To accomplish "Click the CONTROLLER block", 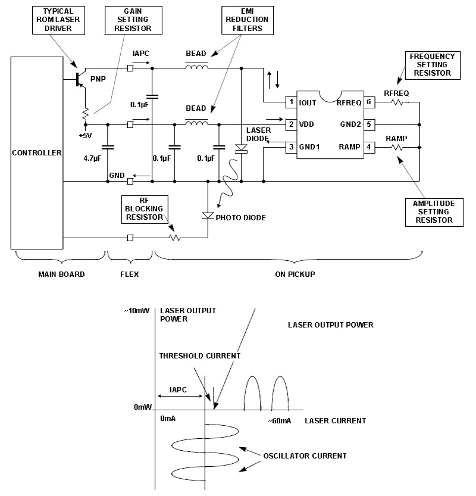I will point(37,153).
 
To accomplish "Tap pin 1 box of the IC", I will point(291,102).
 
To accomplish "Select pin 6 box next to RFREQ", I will point(369,102).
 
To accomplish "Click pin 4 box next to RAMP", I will point(369,146).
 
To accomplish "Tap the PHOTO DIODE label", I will point(241,218).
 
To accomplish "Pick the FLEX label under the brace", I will point(129,274).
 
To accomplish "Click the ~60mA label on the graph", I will point(278,421).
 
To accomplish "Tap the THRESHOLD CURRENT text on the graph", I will point(199,356).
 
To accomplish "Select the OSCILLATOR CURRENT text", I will point(305,456).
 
